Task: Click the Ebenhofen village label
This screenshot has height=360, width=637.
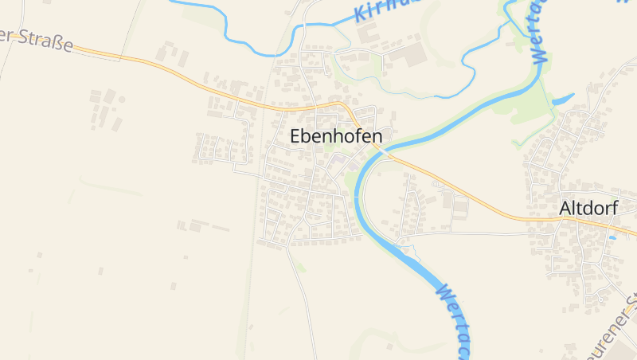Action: [x=335, y=136]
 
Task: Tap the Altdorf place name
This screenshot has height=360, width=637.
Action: [x=588, y=208]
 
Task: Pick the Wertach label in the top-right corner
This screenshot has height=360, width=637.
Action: [x=539, y=32]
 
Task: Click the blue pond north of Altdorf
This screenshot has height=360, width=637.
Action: [x=562, y=100]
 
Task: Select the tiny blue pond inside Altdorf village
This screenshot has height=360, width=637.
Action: [x=612, y=237]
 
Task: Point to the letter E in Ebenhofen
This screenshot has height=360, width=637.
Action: [x=295, y=136]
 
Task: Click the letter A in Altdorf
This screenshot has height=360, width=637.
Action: [x=565, y=208]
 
